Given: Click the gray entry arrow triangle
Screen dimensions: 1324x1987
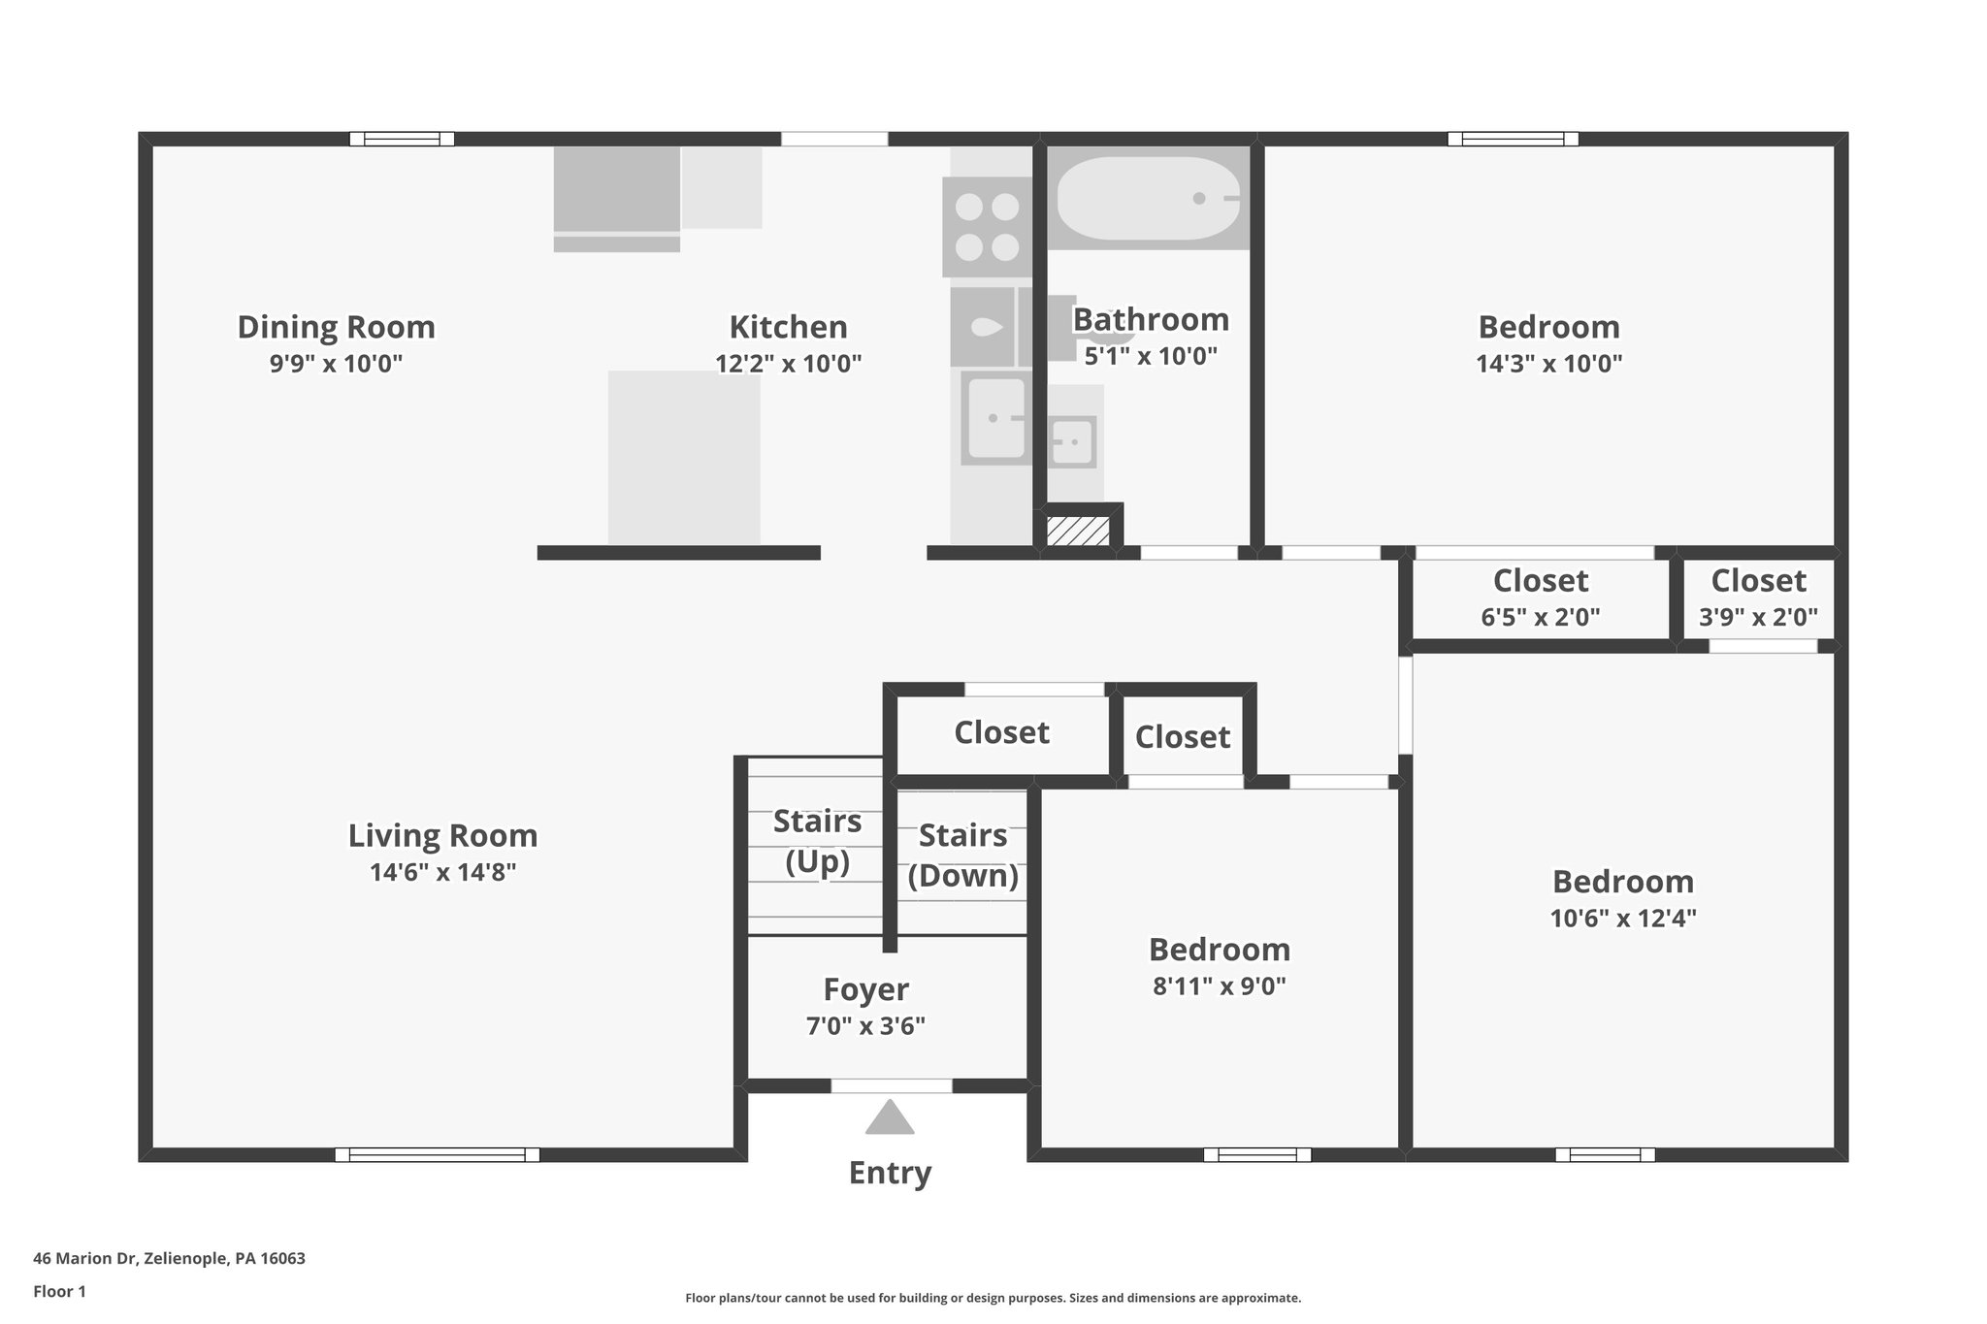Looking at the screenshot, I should point(890,1118).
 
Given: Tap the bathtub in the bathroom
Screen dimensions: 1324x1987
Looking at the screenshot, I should point(1148,198).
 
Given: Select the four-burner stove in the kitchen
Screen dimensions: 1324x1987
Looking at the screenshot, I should point(987,227).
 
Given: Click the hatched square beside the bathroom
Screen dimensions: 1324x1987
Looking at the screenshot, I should point(1078,532).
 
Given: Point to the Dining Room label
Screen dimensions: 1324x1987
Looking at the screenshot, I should point(336,327).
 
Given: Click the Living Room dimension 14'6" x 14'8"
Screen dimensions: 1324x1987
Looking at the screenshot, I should point(442,872).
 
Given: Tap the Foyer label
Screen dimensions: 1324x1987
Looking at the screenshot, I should point(865,989).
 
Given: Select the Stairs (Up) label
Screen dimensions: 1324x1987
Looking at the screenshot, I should point(817,840).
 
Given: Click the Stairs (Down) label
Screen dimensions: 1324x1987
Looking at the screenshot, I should point(962,855).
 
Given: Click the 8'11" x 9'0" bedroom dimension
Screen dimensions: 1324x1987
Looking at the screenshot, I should point(1220,986).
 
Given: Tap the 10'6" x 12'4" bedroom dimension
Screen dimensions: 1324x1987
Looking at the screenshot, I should point(1622,918).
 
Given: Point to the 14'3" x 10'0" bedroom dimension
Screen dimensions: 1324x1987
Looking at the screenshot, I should point(1548,364).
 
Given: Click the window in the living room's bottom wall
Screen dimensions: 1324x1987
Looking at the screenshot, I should point(437,1154).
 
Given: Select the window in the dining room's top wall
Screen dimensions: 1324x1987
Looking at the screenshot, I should point(402,139).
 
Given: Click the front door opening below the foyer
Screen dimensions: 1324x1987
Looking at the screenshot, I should point(891,1085).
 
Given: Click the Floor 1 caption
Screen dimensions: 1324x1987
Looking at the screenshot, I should point(59,1292).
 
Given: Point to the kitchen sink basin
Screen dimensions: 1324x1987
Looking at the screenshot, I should point(993,418).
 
